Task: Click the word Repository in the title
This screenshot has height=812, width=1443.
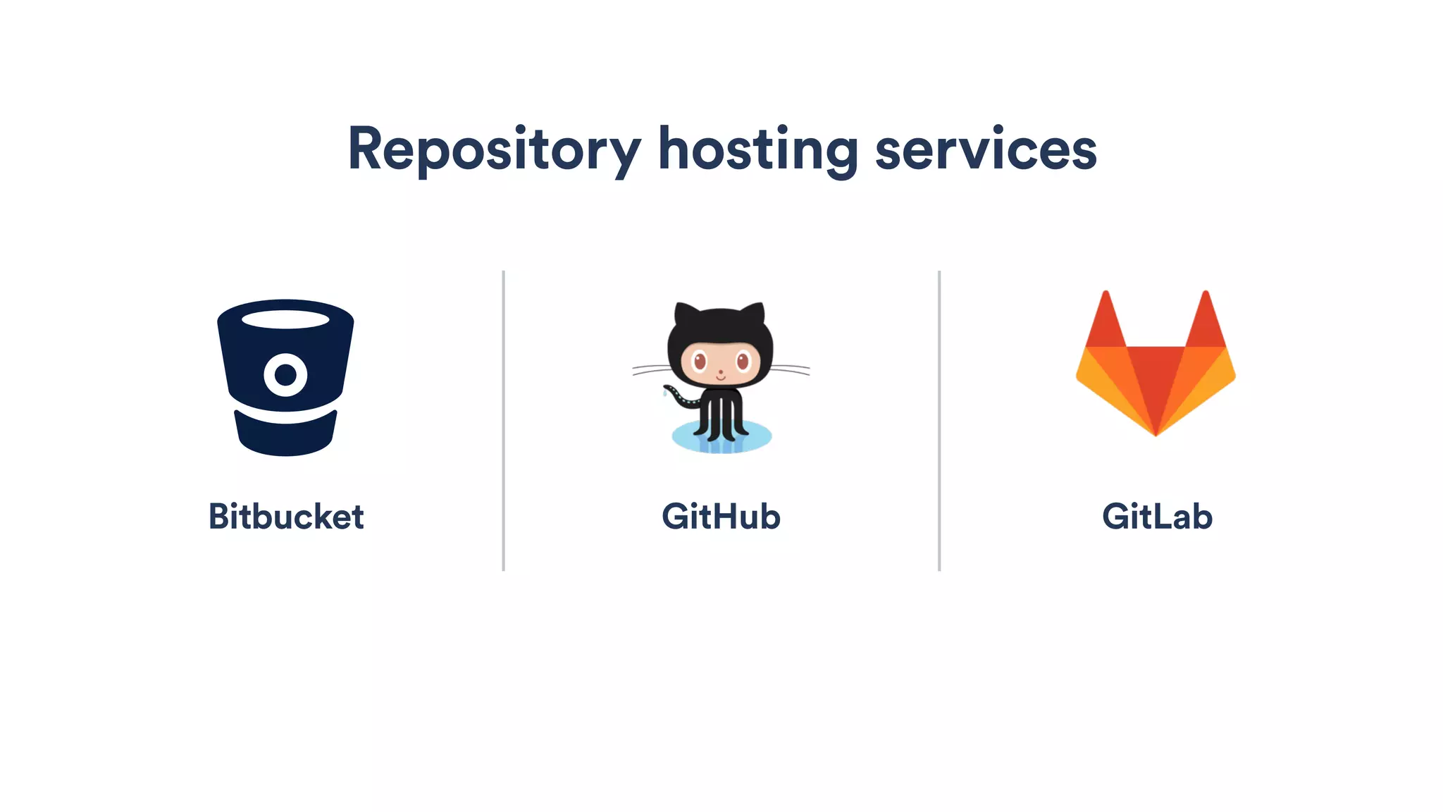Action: (x=493, y=149)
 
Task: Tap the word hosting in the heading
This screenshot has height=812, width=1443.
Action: (x=757, y=149)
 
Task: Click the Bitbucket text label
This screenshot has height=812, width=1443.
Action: (x=286, y=517)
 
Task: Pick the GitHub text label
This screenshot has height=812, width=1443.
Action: (x=721, y=517)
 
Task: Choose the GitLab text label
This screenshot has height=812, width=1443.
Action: (x=1156, y=517)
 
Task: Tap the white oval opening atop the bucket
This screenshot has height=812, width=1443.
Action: (x=285, y=319)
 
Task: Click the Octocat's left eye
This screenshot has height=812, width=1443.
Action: (x=699, y=362)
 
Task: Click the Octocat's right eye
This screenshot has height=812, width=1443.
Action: (x=743, y=362)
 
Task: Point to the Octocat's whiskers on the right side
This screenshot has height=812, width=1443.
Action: (x=792, y=369)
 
